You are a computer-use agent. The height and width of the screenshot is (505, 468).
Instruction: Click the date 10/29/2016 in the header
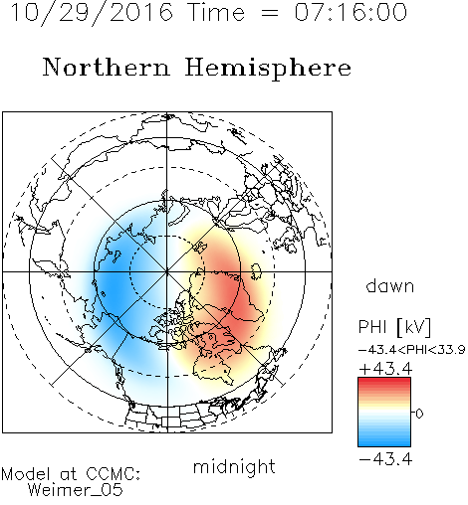pos(92,12)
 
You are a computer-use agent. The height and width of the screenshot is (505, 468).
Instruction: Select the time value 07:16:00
pos(351,12)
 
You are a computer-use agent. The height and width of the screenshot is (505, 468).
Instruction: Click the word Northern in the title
pos(107,67)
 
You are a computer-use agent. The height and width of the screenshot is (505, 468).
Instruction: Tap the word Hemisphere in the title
pos(268,69)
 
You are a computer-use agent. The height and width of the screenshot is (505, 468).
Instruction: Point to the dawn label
pos(390,286)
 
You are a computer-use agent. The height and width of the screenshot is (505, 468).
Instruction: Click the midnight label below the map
pos(234,467)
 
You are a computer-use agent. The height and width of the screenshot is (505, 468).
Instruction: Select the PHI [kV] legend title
pos(394,327)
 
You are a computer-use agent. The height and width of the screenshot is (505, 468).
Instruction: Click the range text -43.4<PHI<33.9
pos(411,350)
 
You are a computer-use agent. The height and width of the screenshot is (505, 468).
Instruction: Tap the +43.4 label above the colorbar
pos(385,369)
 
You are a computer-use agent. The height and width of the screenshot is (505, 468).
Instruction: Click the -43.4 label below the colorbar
pos(385,459)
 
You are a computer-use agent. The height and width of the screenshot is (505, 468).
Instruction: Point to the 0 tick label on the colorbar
pos(419,414)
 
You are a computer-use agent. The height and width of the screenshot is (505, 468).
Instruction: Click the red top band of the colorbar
pos(384,382)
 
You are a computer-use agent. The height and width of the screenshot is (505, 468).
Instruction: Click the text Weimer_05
pos(76,490)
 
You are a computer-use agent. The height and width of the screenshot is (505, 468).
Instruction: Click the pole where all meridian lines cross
pos(167,271)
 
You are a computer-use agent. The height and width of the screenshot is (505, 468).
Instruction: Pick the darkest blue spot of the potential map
pos(112,289)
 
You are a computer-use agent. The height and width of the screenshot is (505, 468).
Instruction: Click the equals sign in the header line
pos(269,13)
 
